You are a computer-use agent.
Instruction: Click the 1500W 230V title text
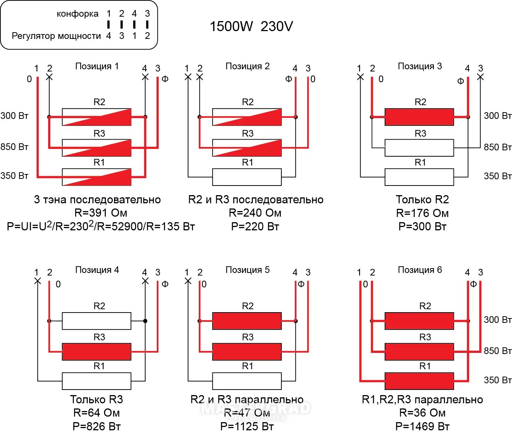coord(251,26)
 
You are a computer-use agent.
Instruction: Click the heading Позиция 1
coord(97,66)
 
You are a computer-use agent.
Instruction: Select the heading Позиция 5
coord(247,270)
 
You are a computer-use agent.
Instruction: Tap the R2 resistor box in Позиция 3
coord(419,117)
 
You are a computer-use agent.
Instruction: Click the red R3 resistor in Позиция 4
coord(96,352)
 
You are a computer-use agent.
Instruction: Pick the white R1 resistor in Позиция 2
coord(247,177)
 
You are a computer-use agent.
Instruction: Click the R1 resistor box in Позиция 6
coord(419,381)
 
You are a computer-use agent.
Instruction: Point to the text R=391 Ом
coord(101,213)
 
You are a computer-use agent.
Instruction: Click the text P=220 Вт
coord(255,226)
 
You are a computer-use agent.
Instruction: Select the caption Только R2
coord(422,200)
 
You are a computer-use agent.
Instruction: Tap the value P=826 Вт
coord(97,427)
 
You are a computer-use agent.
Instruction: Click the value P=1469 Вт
coord(422,427)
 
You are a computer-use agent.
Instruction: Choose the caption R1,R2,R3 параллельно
coord(422,400)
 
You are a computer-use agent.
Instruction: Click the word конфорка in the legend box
coord(77,14)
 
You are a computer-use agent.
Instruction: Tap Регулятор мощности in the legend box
coord(56,36)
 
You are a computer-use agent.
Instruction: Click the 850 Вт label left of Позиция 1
coord(14,147)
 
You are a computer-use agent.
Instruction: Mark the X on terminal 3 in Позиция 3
coord(480,77)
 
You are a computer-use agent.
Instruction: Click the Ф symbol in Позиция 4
coord(165,284)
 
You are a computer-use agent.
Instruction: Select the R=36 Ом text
coord(422,413)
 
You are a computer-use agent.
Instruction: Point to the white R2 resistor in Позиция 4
coord(96,321)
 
